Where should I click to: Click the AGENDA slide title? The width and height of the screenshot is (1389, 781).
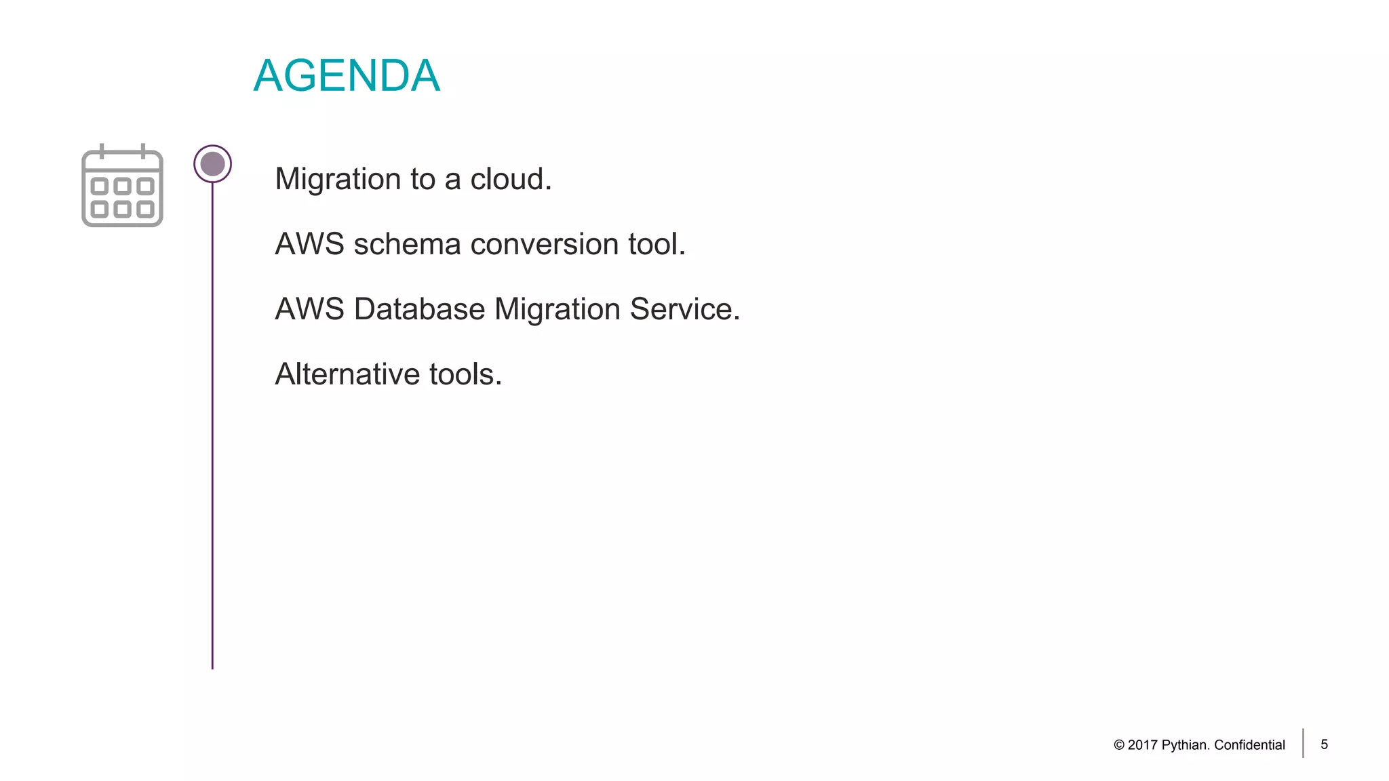[347, 75]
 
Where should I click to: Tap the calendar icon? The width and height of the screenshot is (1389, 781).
[122, 186]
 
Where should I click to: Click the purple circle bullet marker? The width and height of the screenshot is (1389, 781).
[212, 164]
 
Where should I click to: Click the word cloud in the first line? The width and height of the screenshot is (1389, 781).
[511, 180]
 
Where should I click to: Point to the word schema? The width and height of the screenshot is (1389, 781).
[407, 244]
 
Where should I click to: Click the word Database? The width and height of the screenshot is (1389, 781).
[420, 309]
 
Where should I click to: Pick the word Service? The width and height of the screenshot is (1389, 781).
[684, 309]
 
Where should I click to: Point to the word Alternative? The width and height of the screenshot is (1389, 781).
[347, 374]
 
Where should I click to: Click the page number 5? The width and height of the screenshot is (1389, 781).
[1324, 744]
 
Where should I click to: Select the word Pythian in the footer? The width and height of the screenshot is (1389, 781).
[1185, 745]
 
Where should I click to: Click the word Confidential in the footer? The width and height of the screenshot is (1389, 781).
[1249, 745]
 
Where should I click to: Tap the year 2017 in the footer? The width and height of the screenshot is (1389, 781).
[1143, 745]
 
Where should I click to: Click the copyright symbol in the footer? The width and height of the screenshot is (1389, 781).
[1119, 745]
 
